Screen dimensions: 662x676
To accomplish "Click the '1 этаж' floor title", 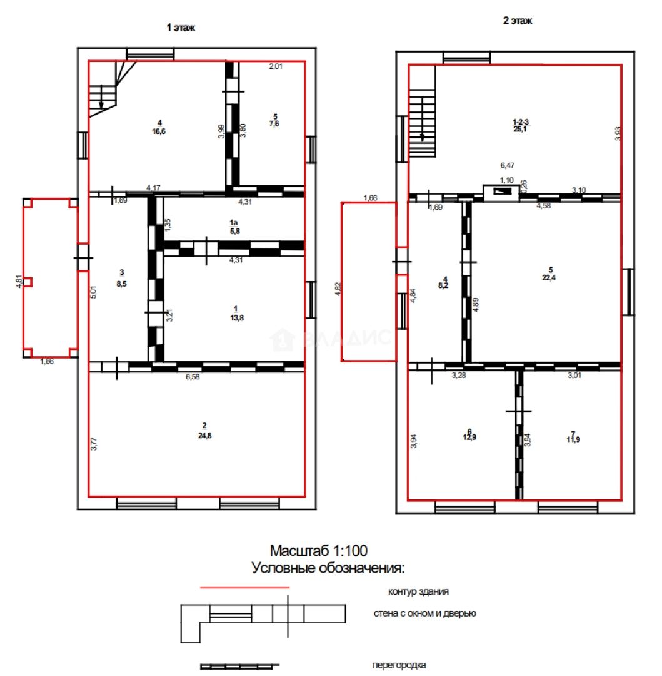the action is (181, 28).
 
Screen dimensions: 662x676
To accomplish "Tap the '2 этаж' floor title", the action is (518, 21).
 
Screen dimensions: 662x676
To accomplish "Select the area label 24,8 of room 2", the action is (205, 436).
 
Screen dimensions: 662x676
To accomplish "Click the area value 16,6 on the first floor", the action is (159, 131).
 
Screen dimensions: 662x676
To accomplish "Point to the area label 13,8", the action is (237, 318).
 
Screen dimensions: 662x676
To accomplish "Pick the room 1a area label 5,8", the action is (235, 232).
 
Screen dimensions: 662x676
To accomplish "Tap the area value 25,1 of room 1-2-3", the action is (520, 129).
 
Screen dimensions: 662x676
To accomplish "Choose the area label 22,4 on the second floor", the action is (549, 278).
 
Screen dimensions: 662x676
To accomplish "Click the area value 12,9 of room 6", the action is (469, 437).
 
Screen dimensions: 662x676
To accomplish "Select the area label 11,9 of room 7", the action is (573, 440).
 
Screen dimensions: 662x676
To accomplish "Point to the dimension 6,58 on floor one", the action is (193, 377).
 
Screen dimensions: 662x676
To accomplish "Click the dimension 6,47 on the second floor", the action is (508, 165).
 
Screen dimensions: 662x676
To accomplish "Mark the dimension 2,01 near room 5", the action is (276, 66).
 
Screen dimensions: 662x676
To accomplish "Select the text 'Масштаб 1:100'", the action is (319, 551).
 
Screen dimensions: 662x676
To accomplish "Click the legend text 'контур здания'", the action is (418, 592).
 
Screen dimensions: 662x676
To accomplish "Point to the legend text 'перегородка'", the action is (399, 665).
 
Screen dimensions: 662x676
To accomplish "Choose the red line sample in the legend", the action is (244, 588).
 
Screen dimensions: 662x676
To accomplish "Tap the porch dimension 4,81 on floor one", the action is (19, 282).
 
